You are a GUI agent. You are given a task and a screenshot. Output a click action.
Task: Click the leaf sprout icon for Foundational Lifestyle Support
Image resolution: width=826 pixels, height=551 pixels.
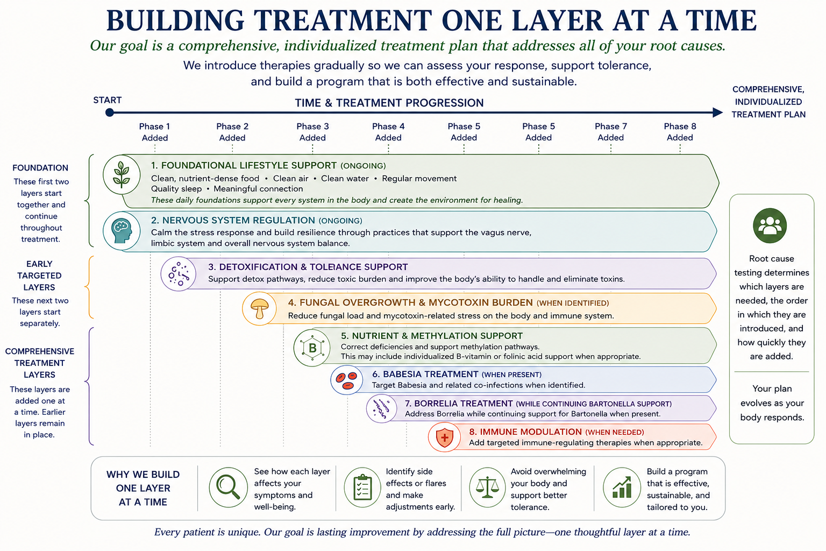(122, 174)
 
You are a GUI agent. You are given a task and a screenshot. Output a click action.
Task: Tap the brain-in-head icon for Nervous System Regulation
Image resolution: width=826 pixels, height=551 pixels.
(122, 231)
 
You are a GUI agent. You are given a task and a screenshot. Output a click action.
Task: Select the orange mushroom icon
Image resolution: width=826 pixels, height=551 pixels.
(259, 308)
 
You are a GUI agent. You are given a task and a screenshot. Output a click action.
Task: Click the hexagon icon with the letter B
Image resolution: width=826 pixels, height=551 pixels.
(312, 348)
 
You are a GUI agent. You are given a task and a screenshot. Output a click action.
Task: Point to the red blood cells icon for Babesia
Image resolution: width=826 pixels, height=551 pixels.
(347, 380)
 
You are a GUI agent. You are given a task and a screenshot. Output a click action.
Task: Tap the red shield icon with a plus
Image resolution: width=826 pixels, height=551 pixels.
(444, 437)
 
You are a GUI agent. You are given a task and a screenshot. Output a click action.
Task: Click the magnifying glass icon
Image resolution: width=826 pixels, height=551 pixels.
(228, 488)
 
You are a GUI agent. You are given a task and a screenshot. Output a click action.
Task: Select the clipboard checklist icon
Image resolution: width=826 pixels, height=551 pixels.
(362, 488)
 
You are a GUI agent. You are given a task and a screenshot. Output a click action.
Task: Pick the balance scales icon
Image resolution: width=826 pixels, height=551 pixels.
(487, 488)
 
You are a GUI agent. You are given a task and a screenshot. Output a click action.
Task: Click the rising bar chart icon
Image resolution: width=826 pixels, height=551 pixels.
(622, 488)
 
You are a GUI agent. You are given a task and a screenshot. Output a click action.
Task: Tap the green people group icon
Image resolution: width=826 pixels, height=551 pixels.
(770, 225)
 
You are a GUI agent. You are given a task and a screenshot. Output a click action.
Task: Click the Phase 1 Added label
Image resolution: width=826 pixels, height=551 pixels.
(154, 132)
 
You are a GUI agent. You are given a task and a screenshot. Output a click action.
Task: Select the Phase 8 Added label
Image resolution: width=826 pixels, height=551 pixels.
(680, 132)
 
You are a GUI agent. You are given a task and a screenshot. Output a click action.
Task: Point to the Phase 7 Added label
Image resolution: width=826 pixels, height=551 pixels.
(611, 132)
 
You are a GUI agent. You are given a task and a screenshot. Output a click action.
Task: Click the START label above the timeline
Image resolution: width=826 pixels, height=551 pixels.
(108, 100)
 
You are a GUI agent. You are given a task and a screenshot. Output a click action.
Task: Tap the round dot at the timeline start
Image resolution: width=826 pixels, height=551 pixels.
(110, 112)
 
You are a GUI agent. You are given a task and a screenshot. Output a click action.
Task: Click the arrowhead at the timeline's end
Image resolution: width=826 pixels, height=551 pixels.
(717, 112)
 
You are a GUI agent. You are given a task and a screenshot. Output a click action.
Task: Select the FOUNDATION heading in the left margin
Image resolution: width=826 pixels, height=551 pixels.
(40, 168)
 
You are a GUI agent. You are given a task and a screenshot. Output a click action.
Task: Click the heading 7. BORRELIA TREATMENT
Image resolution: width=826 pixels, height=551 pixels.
(459, 404)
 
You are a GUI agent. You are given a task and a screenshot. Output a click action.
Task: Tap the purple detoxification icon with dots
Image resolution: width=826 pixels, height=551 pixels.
(178, 274)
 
